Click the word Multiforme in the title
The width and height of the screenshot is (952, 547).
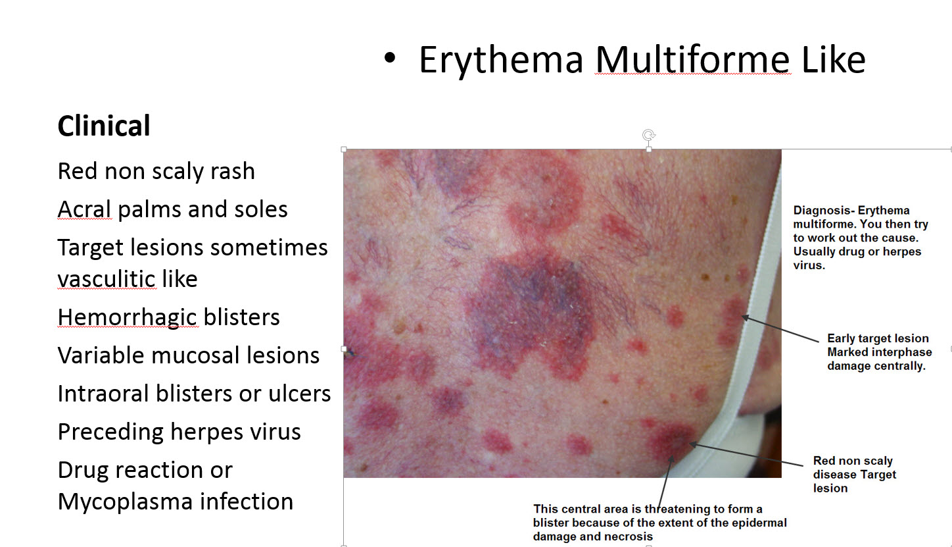point(693,61)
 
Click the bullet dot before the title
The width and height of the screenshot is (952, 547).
point(391,59)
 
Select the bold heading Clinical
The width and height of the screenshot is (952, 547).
point(104,126)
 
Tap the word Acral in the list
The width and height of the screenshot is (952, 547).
point(85,209)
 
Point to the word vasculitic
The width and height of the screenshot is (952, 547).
point(107,279)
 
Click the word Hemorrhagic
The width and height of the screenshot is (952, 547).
point(127,317)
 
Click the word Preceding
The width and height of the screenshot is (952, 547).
point(110,432)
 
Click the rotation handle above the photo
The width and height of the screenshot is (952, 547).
point(649,136)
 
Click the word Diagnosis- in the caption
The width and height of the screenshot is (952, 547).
point(824,211)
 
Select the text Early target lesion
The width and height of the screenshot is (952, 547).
point(878,338)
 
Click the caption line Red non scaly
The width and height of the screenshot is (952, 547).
point(853,461)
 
